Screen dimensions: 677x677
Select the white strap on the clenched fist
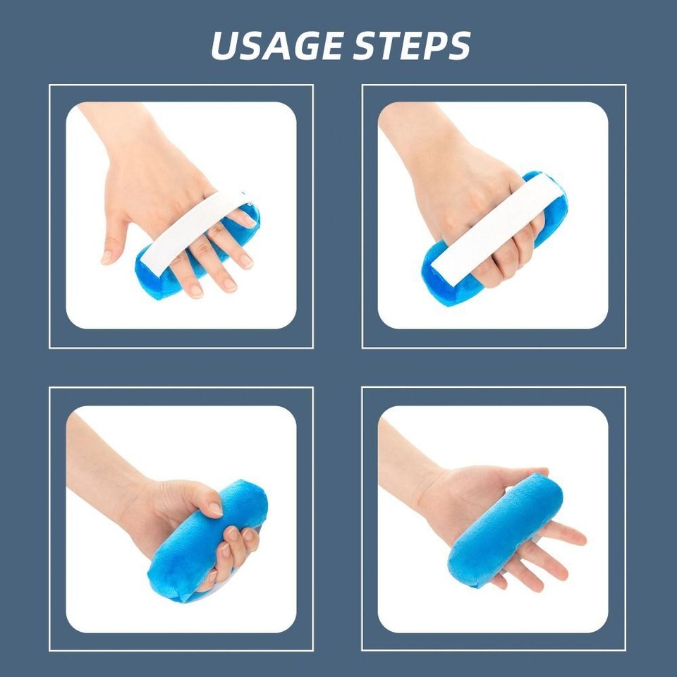coord(494,226)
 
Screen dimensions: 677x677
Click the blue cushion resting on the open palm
coord(504,529)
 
